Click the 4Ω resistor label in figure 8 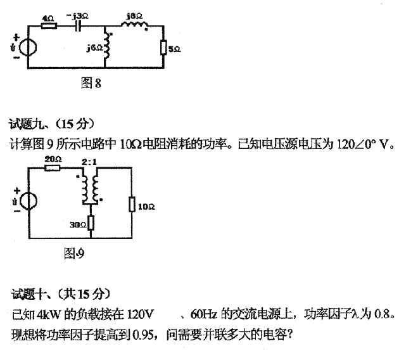click(x=47, y=20)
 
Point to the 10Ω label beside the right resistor click(x=146, y=207)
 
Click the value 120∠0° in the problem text click(x=355, y=145)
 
